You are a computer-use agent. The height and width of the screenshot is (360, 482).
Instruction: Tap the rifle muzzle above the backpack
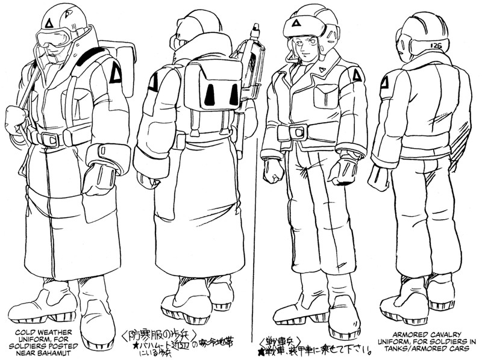click(x=255, y=27)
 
